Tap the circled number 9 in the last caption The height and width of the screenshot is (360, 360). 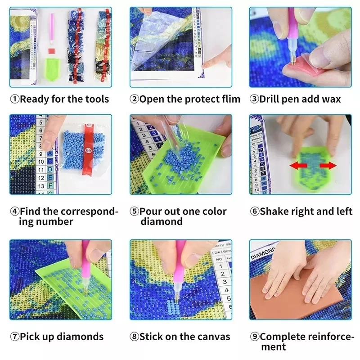point(255,337)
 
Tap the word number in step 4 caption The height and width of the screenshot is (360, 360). point(54,222)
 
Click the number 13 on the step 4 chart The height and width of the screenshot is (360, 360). point(41,185)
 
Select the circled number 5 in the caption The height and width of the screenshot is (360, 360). point(135,211)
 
